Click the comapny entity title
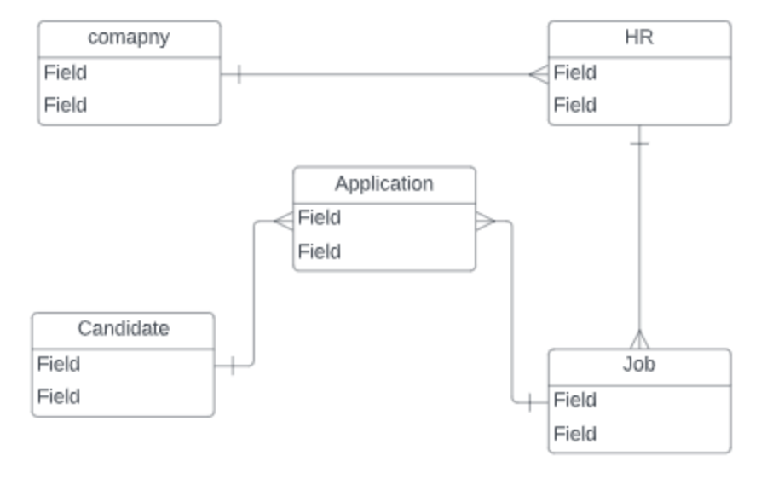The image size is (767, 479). pos(129,38)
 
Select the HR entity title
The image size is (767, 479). pos(639,38)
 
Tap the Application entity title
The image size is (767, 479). pos(383,184)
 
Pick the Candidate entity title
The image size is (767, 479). pos(123,329)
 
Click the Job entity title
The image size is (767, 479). pos(639,365)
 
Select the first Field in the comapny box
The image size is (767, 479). pos(66,73)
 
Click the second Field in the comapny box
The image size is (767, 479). pos(66,106)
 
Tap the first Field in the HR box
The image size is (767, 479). pos(575,73)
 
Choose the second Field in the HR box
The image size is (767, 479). pos(575,106)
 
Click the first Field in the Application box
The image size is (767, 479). pos(320,218)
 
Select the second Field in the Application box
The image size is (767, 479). pos(320,252)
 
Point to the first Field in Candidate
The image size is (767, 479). pos(59,365)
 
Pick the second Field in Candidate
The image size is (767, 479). pos(59,397)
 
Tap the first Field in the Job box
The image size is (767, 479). pos(575,400)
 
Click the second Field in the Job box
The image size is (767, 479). pos(575,435)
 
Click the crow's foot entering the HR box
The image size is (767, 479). pos(539,74)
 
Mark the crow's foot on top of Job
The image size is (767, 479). pos(639,339)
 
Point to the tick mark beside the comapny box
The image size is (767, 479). pos(239,74)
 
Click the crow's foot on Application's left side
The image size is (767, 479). pos(283,221)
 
